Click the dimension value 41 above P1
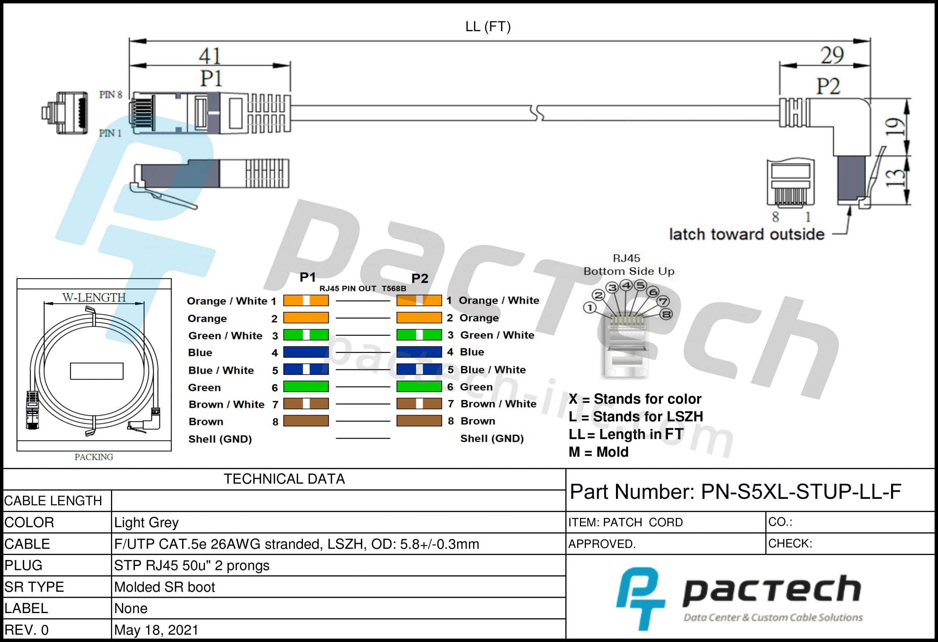[210, 56]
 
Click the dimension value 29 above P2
[832, 55]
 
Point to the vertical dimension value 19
[894, 127]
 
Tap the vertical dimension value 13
[894, 178]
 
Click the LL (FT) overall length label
[488, 27]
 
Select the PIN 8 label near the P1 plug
[111, 94]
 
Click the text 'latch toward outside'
[746, 234]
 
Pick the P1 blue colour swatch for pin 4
[306, 352]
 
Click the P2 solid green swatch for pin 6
[419, 386]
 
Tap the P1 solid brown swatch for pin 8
[306, 421]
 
